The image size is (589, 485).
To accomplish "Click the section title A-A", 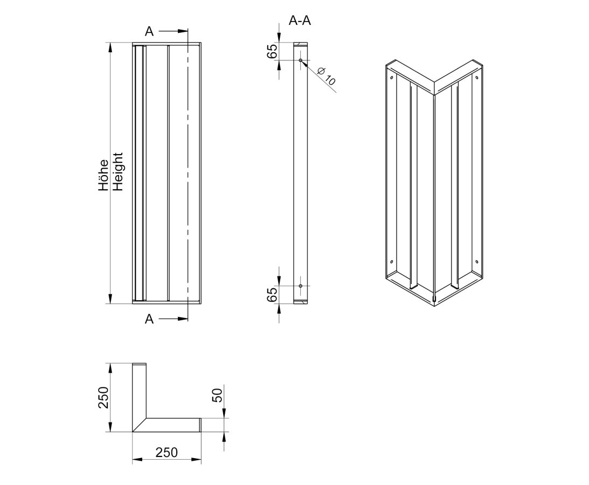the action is tap(300, 20).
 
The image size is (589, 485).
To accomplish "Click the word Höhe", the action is tap(103, 176).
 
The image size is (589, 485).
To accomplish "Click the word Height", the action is tap(118, 172).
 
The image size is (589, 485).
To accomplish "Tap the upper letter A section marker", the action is tap(149, 32).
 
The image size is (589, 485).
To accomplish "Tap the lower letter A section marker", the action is tap(149, 319).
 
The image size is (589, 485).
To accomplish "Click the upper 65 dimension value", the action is tap(272, 51).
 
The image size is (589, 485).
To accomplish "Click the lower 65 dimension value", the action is tap(272, 294).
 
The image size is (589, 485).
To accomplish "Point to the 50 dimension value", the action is tap(218, 395).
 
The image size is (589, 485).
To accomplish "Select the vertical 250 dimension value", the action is tap(103, 398).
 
